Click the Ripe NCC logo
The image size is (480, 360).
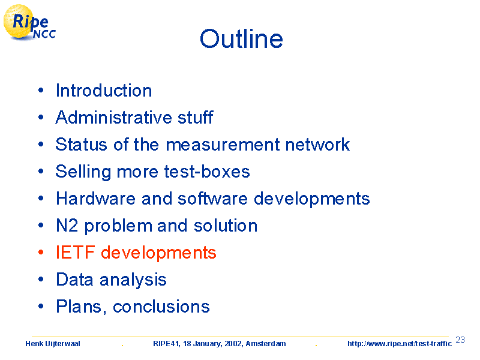pos(29,23)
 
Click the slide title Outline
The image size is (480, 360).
pos(241,39)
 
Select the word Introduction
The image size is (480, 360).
pos(104,91)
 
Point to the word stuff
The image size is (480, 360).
pos(196,117)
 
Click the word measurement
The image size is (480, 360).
pos(223,145)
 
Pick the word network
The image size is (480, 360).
pos(317,144)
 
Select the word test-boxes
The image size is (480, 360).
pos(207,172)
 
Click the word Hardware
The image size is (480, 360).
pos(95,199)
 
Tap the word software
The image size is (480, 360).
pos(212,199)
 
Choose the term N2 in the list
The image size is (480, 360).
pos(67,226)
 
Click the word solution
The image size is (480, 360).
pos(226,226)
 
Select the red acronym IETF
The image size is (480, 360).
pos(76,253)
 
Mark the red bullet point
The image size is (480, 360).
pos(41,252)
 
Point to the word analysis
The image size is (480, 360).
pos(133,280)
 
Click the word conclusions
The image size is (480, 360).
pos(161,307)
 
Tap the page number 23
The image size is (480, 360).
pos(460,340)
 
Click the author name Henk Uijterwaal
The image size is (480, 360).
pos(53,344)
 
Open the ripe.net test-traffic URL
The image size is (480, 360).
pos(400,344)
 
